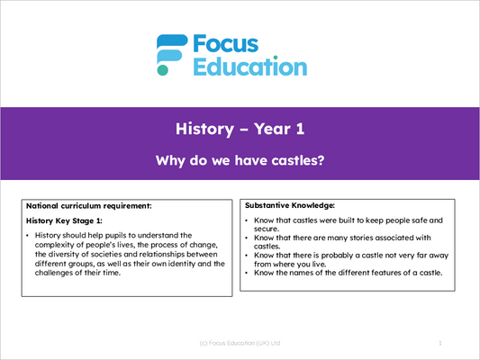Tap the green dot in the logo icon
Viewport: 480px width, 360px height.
coord(162,70)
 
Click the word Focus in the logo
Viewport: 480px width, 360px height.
coord(226,44)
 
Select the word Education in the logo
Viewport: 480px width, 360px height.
coord(250,66)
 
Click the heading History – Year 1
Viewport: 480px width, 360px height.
coord(240,129)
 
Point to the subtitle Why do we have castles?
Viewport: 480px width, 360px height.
coord(240,160)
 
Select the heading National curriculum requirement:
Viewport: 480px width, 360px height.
coord(89,206)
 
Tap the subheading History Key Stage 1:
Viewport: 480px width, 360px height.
coord(64,220)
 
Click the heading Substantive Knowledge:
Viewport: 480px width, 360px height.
coord(290,205)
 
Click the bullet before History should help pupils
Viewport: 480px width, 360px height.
coord(28,236)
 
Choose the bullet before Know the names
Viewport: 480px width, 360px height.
coord(247,273)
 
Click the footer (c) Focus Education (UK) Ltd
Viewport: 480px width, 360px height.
coord(240,343)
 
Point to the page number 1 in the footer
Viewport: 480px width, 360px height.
coord(440,343)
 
